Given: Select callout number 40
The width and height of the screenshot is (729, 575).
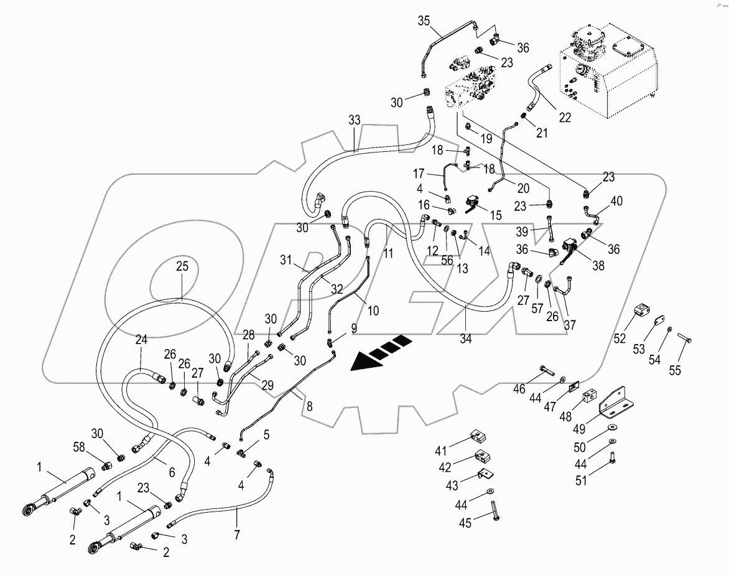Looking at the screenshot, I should point(615,202).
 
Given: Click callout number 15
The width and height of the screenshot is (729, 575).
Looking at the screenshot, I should point(496,215).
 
